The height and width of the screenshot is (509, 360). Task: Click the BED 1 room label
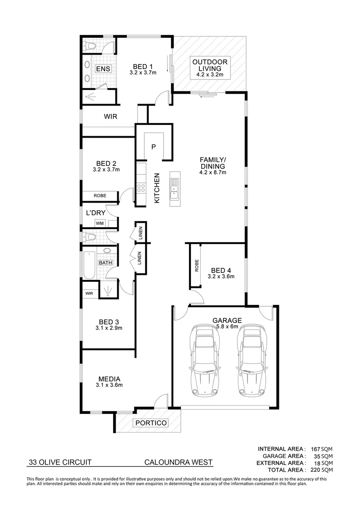pos(143,66)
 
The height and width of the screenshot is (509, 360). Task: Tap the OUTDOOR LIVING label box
pos(210,68)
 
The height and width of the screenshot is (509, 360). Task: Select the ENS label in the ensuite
pos(103,69)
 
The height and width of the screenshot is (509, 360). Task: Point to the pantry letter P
pos(153,147)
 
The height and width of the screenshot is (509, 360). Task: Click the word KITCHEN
pos(157,189)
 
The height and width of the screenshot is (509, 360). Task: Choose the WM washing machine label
pos(99,223)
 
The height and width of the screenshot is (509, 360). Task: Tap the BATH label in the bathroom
pos(105,263)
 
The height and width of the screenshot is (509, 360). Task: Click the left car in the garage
pos(204,361)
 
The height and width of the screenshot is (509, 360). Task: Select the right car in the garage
pos(250,361)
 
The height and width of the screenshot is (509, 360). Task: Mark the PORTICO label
pos(151,423)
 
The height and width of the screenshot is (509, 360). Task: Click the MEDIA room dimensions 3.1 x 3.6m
pos(109,385)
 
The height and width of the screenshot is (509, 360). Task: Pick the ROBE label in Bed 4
pos(196,266)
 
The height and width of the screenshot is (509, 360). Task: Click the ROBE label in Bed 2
pos(99,195)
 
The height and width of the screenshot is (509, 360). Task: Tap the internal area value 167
pos(314,449)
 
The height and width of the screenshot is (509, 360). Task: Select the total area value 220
pos(314,470)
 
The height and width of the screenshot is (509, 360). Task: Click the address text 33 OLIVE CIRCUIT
pos(59,462)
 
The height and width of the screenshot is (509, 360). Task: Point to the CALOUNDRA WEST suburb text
pos(179,462)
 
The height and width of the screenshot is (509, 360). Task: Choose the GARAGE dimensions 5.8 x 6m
pos(229,327)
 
